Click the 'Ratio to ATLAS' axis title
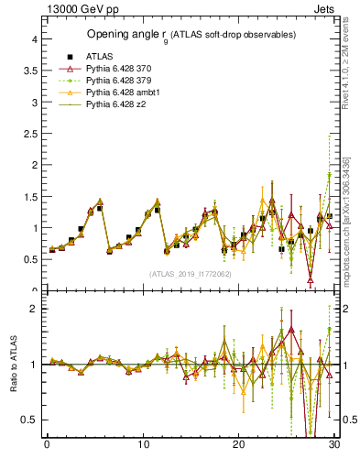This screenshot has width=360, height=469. point(12,365)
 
